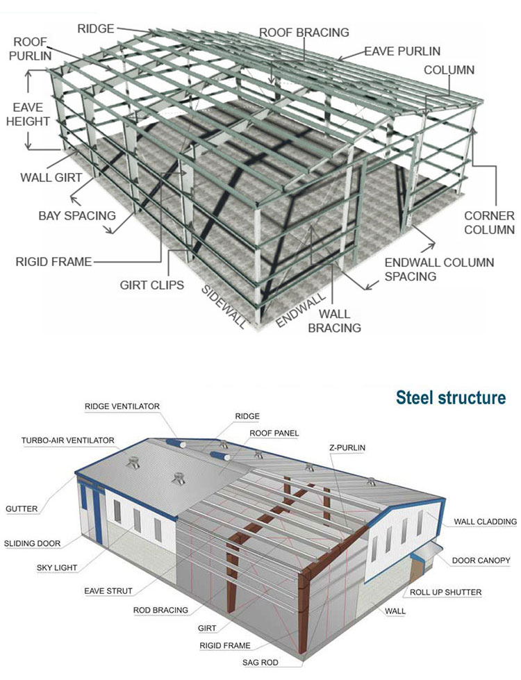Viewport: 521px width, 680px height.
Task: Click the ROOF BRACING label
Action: [x=304, y=32]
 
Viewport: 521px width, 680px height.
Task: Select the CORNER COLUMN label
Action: [x=489, y=222]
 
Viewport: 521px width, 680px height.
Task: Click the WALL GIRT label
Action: [x=50, y=177]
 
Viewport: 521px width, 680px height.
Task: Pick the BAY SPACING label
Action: [x=76, y=215]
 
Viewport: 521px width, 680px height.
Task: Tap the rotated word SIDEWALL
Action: [x=224, y=305]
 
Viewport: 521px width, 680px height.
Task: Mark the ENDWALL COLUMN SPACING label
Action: [x=439, y=269]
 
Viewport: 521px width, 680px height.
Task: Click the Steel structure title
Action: [x=450, y=397]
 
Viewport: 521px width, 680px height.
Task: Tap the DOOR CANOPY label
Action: [x=481, y=560]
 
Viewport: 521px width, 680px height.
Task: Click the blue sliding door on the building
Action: [x=88, y=511]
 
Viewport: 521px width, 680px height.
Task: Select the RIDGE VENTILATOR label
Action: [x=122, y=406]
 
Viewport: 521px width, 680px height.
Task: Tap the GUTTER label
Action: [x=22, y=508]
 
